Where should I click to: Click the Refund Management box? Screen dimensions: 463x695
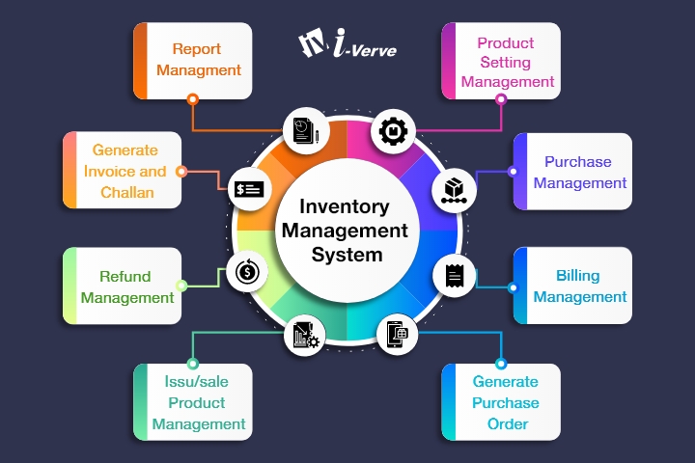point(122,286)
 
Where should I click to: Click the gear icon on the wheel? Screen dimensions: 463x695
point(393,130)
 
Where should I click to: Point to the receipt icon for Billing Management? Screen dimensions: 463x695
point(453,275)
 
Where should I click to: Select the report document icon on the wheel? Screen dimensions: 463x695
point(303,129)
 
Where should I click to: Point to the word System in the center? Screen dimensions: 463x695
point(347,256)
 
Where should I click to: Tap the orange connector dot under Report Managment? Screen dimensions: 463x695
point(193,98)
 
